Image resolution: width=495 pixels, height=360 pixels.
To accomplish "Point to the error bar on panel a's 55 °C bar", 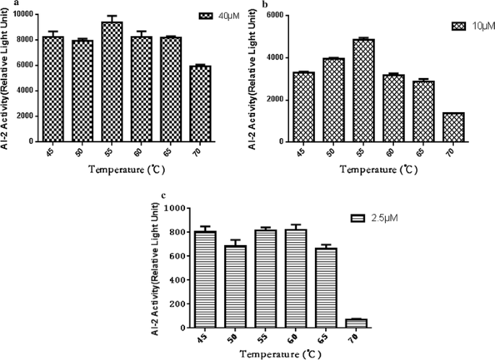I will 111,18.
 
